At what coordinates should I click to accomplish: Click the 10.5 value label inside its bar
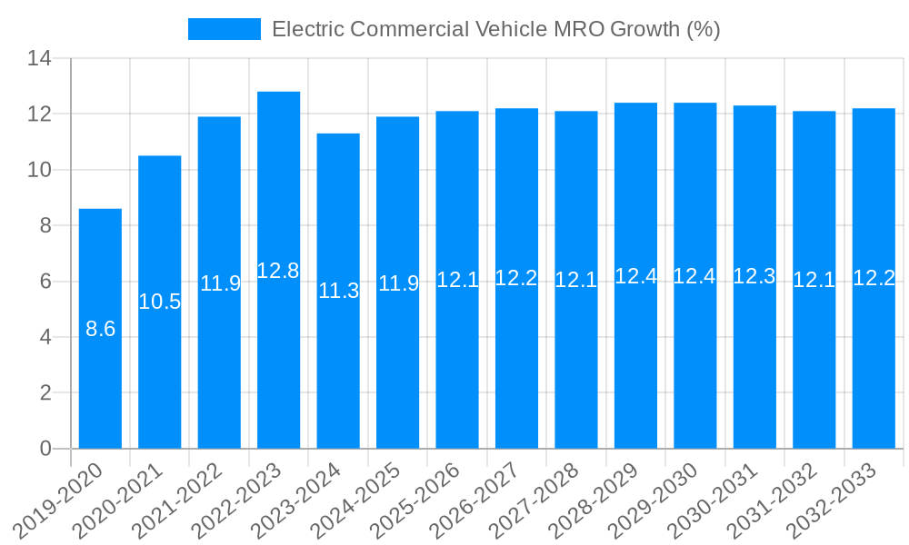(x=160, y=302)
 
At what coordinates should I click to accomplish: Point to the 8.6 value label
(x=100, y=329)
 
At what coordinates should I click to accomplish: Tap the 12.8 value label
(x=278, y=271)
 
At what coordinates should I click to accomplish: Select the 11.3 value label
(x=338, y=291)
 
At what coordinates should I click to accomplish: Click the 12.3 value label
(x=754, y=277)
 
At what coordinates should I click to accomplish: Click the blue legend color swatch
(x=224, y=29)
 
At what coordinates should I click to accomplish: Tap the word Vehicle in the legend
(x=511, y=29)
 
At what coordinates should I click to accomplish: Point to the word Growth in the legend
(x=644, y=29)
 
